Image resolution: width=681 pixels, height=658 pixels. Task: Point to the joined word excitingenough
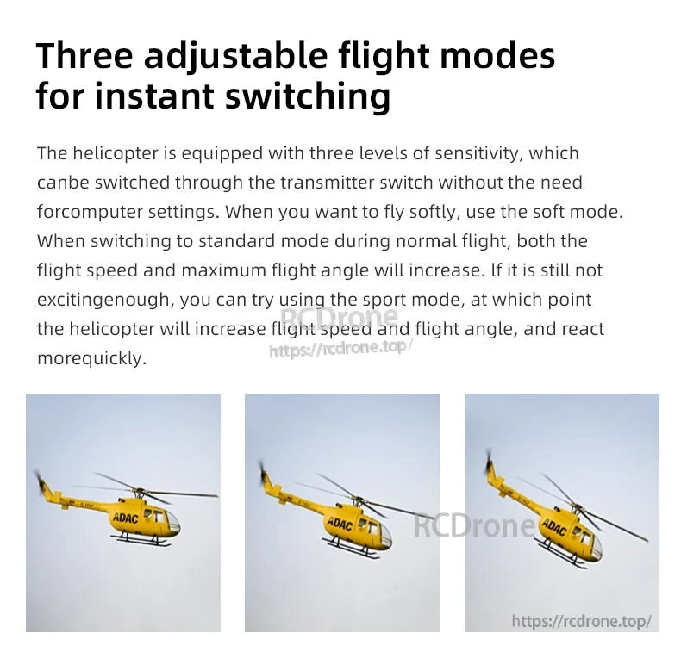pos(103,300)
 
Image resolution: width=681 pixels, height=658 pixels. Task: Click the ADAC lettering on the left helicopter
pos(125,518)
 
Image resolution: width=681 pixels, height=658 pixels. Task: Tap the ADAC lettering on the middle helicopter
pos(340,524)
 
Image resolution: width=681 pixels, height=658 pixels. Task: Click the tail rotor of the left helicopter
pos(40,481)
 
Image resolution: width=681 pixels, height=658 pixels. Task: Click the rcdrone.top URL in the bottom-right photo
pos(581,621)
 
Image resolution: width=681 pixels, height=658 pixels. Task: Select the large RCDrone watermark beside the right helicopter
pos(474,525)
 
